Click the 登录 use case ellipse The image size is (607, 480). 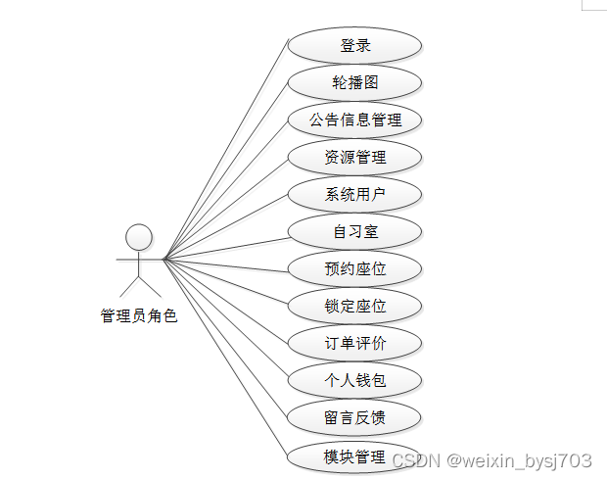pyautogui.click(x=354, y=46)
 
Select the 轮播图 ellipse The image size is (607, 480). pyautogui.click(x=354, y=83)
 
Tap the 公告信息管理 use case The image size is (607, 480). pyautogui.click(x=354, y=120)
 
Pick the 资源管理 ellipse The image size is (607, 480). pyautogui.click(x=354, y=158)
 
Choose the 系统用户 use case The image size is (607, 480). pyautogui.click(x=354, y=195)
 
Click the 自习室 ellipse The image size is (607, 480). pyautogui.click(x=354, y=232)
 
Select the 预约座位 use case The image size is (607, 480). pyautogui.click(x=354, y=269)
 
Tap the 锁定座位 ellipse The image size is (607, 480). pyautogui.click(x=354, y=307)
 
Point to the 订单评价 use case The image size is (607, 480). pyautogui.click(x=354, y=344)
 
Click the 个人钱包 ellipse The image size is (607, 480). pyautogui.click(x=354, y=381)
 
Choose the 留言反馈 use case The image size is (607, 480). pyautogui.click(x=354, y=418)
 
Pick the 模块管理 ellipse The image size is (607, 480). pyautogui.click(x=354, y=456)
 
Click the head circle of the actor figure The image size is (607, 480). pyautogui.click(x=139, y=237)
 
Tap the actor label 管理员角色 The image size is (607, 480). pyautogui.click(x=139, y=316)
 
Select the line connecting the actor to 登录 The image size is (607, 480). pyautogui.click(x=225, y=152)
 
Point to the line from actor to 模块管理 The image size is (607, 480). pyautogui.click(x=225, y=357)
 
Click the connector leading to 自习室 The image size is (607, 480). pyautogui.click(x=225, y=246)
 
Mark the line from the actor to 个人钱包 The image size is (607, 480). pyautogui.click(x=225, y=319)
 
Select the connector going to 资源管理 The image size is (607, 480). pyautogui.click(x=225, y=209)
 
